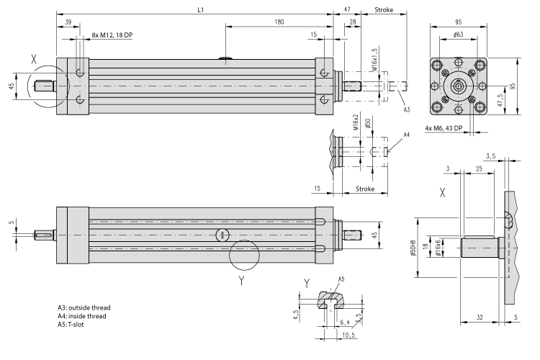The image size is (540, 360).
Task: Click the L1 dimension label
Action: (x=202, y=10)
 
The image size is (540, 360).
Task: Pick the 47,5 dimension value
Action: (x=502, y=100)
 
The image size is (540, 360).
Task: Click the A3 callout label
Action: (x=406, y=109)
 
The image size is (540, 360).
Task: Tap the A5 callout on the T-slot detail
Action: (x=341, y=279)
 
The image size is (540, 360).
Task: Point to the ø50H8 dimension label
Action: (x=413, y=248)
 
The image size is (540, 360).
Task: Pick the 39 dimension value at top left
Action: (x=68, y=22)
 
